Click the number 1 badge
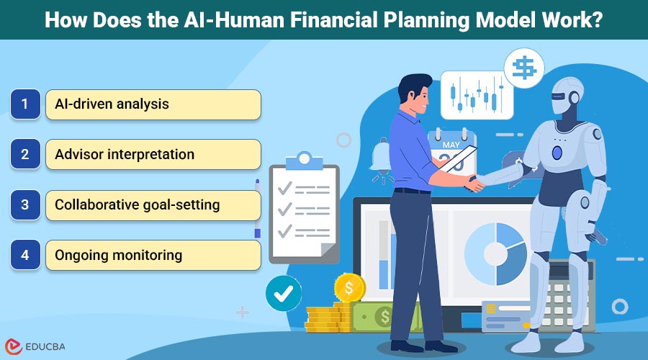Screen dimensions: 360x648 [x=24, y=104]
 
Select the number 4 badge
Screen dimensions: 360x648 [x=24, y=255]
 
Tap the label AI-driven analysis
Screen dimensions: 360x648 [x=112, y=104]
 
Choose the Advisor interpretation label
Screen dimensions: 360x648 [x=125, y=155]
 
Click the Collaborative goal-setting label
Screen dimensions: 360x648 [x=138, y=205]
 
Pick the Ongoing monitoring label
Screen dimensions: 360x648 [x=119, y=255]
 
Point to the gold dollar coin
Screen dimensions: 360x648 [x=350, y=289]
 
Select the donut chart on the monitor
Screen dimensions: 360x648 [x=495, y=252]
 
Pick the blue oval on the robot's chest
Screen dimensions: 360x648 [x=557, y=152]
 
